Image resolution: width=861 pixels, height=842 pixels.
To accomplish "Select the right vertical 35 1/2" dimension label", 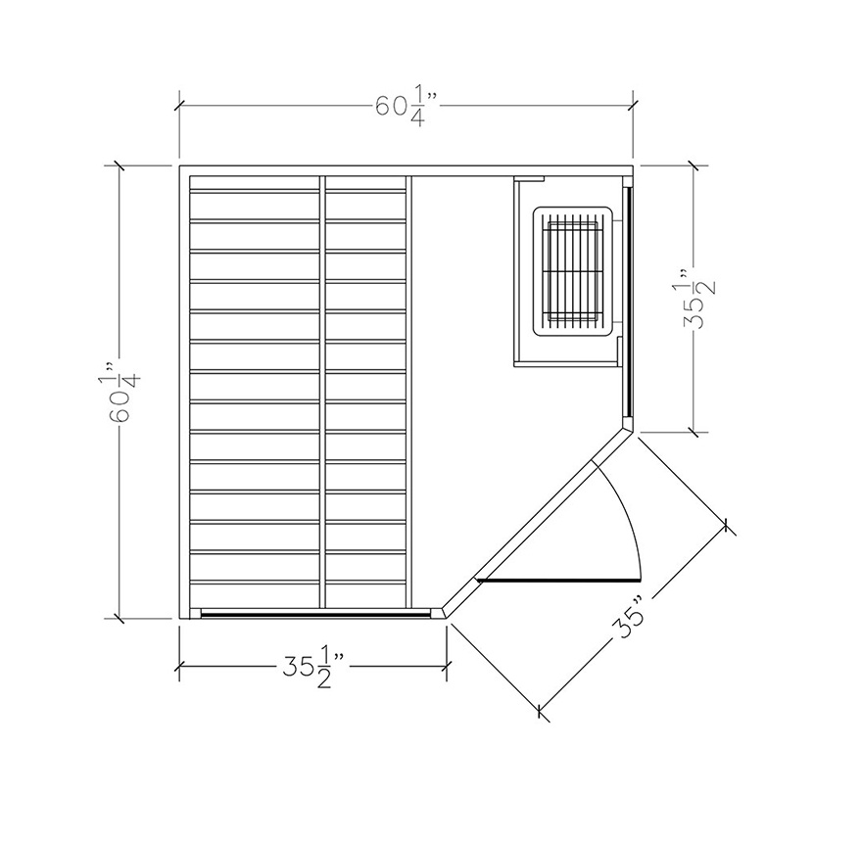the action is tap(699, 298).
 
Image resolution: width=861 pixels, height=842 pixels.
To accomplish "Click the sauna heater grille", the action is tap(572, 270).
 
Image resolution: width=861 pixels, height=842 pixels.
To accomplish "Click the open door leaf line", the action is tap(558, 579).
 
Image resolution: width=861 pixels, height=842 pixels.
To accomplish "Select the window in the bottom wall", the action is tap(315, 613).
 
